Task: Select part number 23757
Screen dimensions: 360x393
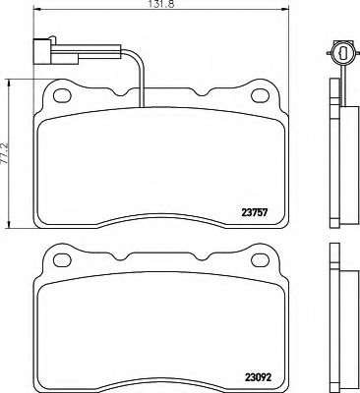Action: click(255, 212)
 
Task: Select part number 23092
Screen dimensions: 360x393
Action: click(258, 377)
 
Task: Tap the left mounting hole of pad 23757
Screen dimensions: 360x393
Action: click(62, 95)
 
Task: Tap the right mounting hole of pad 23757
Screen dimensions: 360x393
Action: click(261, 95)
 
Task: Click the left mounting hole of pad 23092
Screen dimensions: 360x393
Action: click(62, 260)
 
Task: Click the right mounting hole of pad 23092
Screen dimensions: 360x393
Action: click(261, 260)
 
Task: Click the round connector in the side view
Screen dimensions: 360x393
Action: click(342, 52)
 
